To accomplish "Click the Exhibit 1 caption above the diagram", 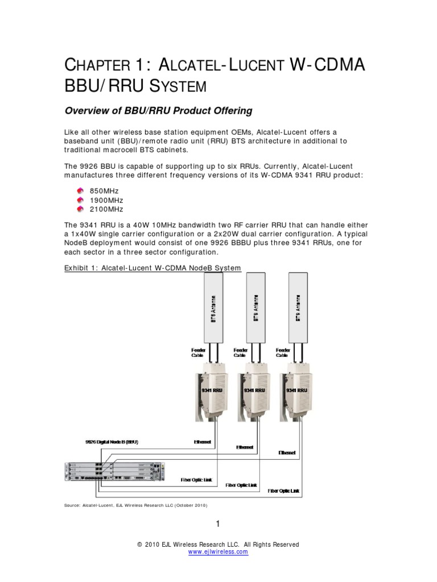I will point(152,268).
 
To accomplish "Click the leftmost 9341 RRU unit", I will point(211,392).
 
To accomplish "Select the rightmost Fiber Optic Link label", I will point(283,490).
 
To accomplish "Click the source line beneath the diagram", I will point(135,505).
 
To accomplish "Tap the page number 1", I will point(218,523).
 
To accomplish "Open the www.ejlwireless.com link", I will point(218,552).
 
